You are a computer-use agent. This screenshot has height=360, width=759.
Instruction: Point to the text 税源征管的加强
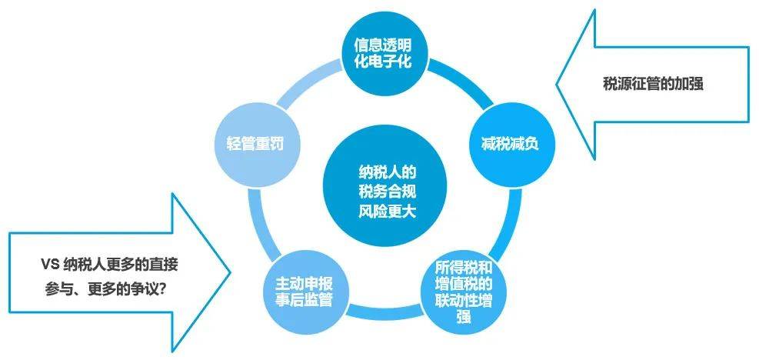click(x=653, y=85)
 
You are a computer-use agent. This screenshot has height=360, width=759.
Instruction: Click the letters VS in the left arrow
click(x=50, y=265)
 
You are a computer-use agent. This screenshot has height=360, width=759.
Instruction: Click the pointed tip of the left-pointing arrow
click(x=557, y=84)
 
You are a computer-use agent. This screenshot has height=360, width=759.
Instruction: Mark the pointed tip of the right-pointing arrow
click(x=230, y=272)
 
